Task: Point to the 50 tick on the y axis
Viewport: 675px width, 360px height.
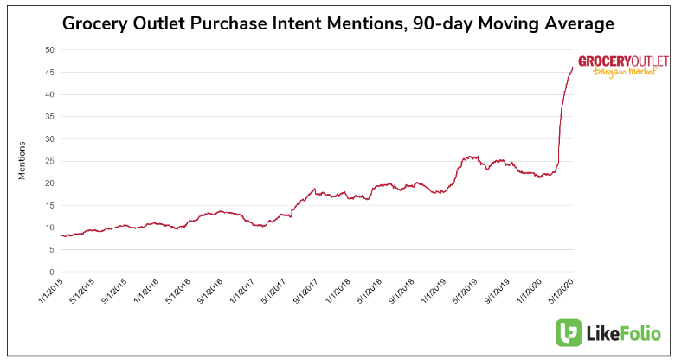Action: click(49, 50)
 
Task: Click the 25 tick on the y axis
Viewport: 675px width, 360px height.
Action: click(49, 161)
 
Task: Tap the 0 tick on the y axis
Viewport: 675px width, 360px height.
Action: click(52, 272)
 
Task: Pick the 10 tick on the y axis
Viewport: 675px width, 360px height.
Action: click(49, 228)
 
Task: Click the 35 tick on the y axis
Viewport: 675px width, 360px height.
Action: click(49, 117)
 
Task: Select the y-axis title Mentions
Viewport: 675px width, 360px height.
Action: click(22, 160)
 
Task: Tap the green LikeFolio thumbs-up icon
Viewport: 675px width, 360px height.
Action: click(569, 333)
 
